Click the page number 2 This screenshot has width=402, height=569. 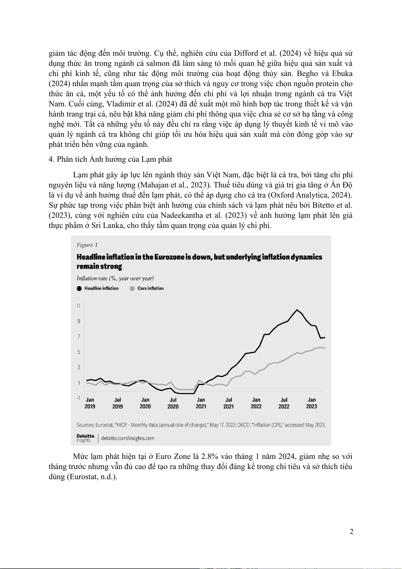coord(351,532)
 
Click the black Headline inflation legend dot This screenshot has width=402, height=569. coord(79,288)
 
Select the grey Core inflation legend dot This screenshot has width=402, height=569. coord(132,288)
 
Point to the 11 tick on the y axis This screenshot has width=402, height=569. coord(78,306)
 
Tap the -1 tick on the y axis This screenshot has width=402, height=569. coord(78,398)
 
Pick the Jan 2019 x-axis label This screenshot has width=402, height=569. coord(90,403)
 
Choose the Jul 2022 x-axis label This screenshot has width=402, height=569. coord(284,403)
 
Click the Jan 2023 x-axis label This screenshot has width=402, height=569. coord(312,403)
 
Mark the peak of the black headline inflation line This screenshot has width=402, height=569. coord(297,310)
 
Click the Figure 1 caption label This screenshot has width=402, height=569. coord(87,245)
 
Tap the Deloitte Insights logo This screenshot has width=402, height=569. coord(85,438)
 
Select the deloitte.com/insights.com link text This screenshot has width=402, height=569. coord(128,438)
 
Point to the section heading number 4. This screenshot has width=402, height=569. coord(51,159)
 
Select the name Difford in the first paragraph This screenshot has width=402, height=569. coord(246,53)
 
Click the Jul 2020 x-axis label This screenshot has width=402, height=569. coord(173,403)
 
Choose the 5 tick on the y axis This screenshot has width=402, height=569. coord(79,352)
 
